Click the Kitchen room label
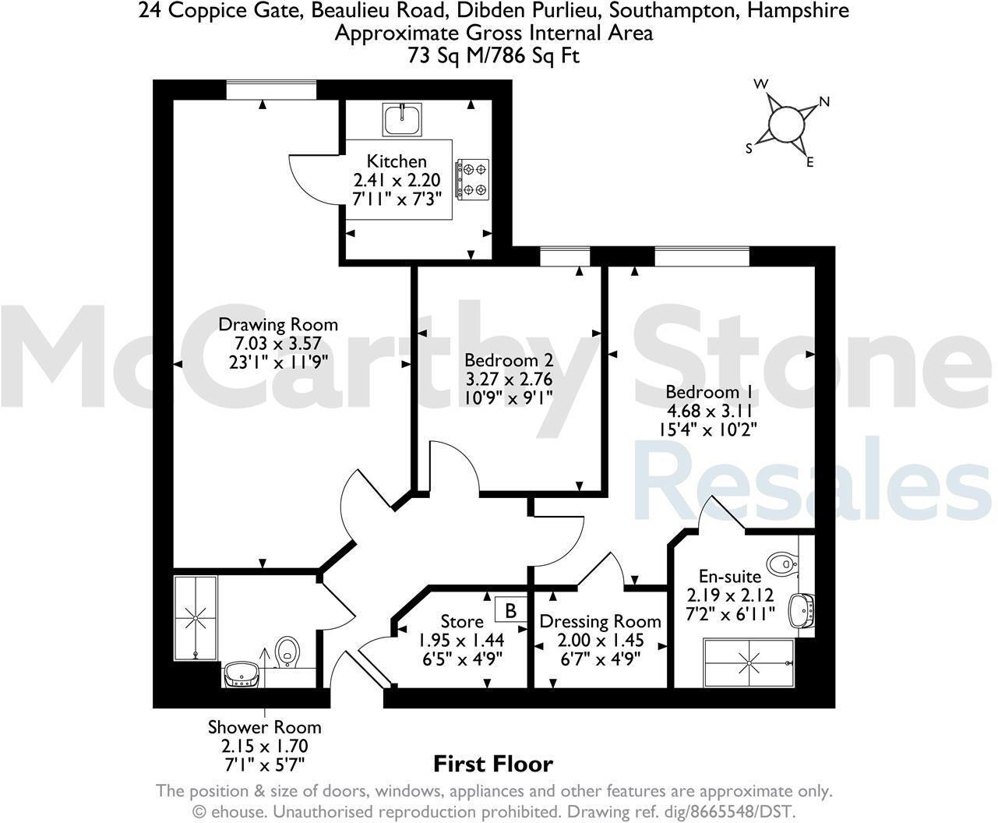(397, 161)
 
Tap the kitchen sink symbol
(403, 118)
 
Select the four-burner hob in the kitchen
(473, 178)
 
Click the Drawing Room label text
(278, 324)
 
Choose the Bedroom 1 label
(711, 392)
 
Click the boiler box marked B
(511, 609)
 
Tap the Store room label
(462, 621)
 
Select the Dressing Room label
(600, 621)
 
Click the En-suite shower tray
(749, 662)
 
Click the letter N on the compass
(824, 101)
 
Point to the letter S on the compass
(749, 148)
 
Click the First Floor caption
(492, 764)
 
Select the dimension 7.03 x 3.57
(278, 343)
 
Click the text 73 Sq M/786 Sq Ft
(494, 55)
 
